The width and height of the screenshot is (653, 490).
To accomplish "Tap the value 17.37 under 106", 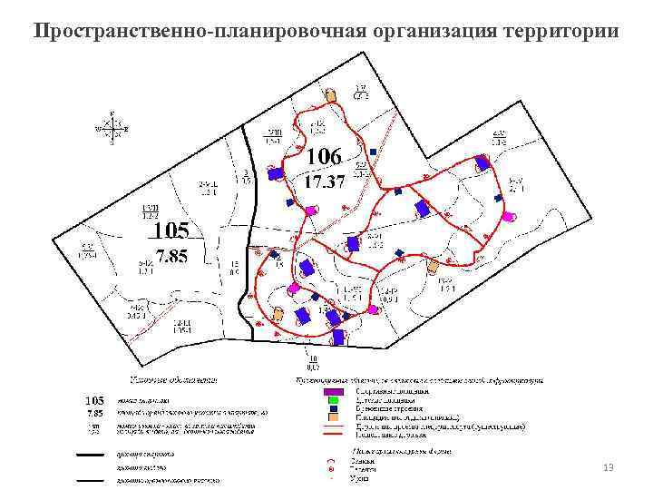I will click(x=324, y=182).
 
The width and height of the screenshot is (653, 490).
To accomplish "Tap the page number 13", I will click(x=609, y=466).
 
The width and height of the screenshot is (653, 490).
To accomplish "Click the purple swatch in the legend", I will click(x=333, y=391).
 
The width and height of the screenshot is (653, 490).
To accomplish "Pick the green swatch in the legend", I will click(x=333, y=399).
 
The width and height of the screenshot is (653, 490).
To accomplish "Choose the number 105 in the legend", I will click(x=94, y=399).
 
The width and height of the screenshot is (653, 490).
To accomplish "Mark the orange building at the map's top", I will click(x=332, y=94).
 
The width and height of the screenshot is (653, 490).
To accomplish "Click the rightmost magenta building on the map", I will click(x=511, y=216).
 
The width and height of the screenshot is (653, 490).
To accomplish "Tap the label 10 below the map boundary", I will click(x=311, y=367).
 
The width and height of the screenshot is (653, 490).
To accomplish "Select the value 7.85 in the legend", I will click(x=93, y=411).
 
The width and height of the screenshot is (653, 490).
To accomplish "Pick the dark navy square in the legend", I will click(x=333, y=407).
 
